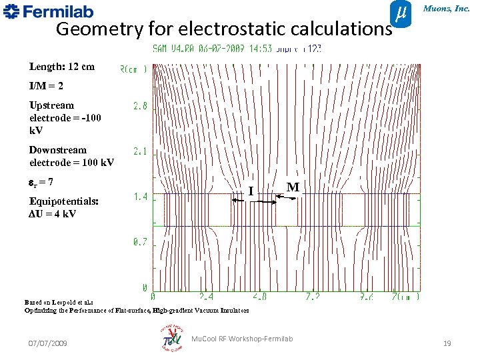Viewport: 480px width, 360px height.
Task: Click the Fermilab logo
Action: coord(49,11)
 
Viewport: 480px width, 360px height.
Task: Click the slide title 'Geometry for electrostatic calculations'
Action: coord(223,29)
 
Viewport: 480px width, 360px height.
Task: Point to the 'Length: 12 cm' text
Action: coord(62,67)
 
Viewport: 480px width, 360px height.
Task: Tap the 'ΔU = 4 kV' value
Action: coord(53,214)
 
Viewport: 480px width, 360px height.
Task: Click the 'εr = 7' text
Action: coord(41,181)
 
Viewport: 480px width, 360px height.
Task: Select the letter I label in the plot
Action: coord(251,191)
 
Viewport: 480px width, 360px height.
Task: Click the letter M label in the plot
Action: coord(292,187)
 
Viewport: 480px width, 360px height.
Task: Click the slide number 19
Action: coord(447,343)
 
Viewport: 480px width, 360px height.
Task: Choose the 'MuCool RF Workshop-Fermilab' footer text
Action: coord(241,339)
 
